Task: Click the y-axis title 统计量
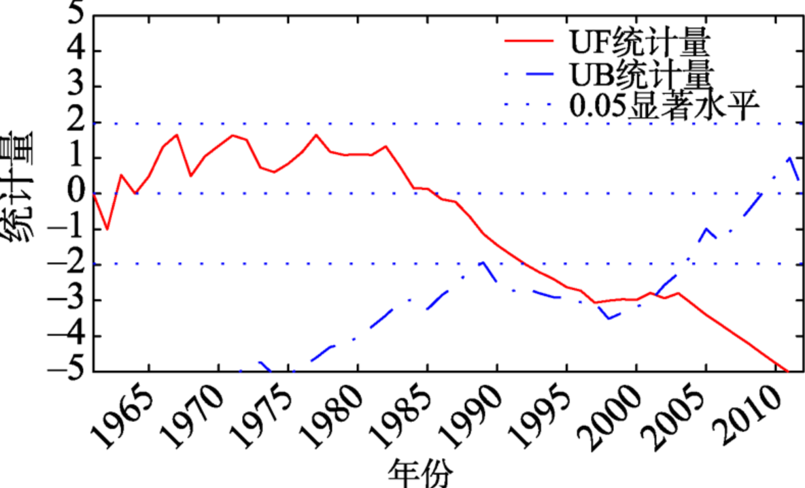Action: tap(20, 191)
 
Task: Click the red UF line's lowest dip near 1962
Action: tap(107, 229)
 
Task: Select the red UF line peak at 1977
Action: tap(315, 135)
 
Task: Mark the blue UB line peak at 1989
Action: tap(483, 261)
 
